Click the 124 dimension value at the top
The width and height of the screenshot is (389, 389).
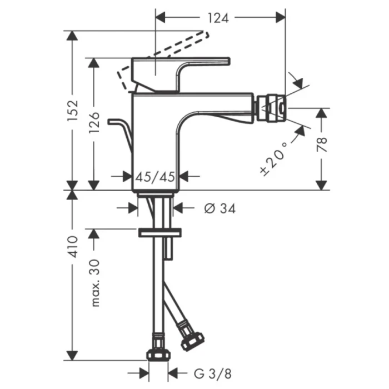coord(218,18)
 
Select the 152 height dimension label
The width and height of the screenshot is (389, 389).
coord(71,111)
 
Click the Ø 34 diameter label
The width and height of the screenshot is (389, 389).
coord(220,208)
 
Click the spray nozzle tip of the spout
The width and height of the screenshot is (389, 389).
coord(272,108)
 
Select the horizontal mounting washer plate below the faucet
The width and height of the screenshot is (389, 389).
coord(160,232)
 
